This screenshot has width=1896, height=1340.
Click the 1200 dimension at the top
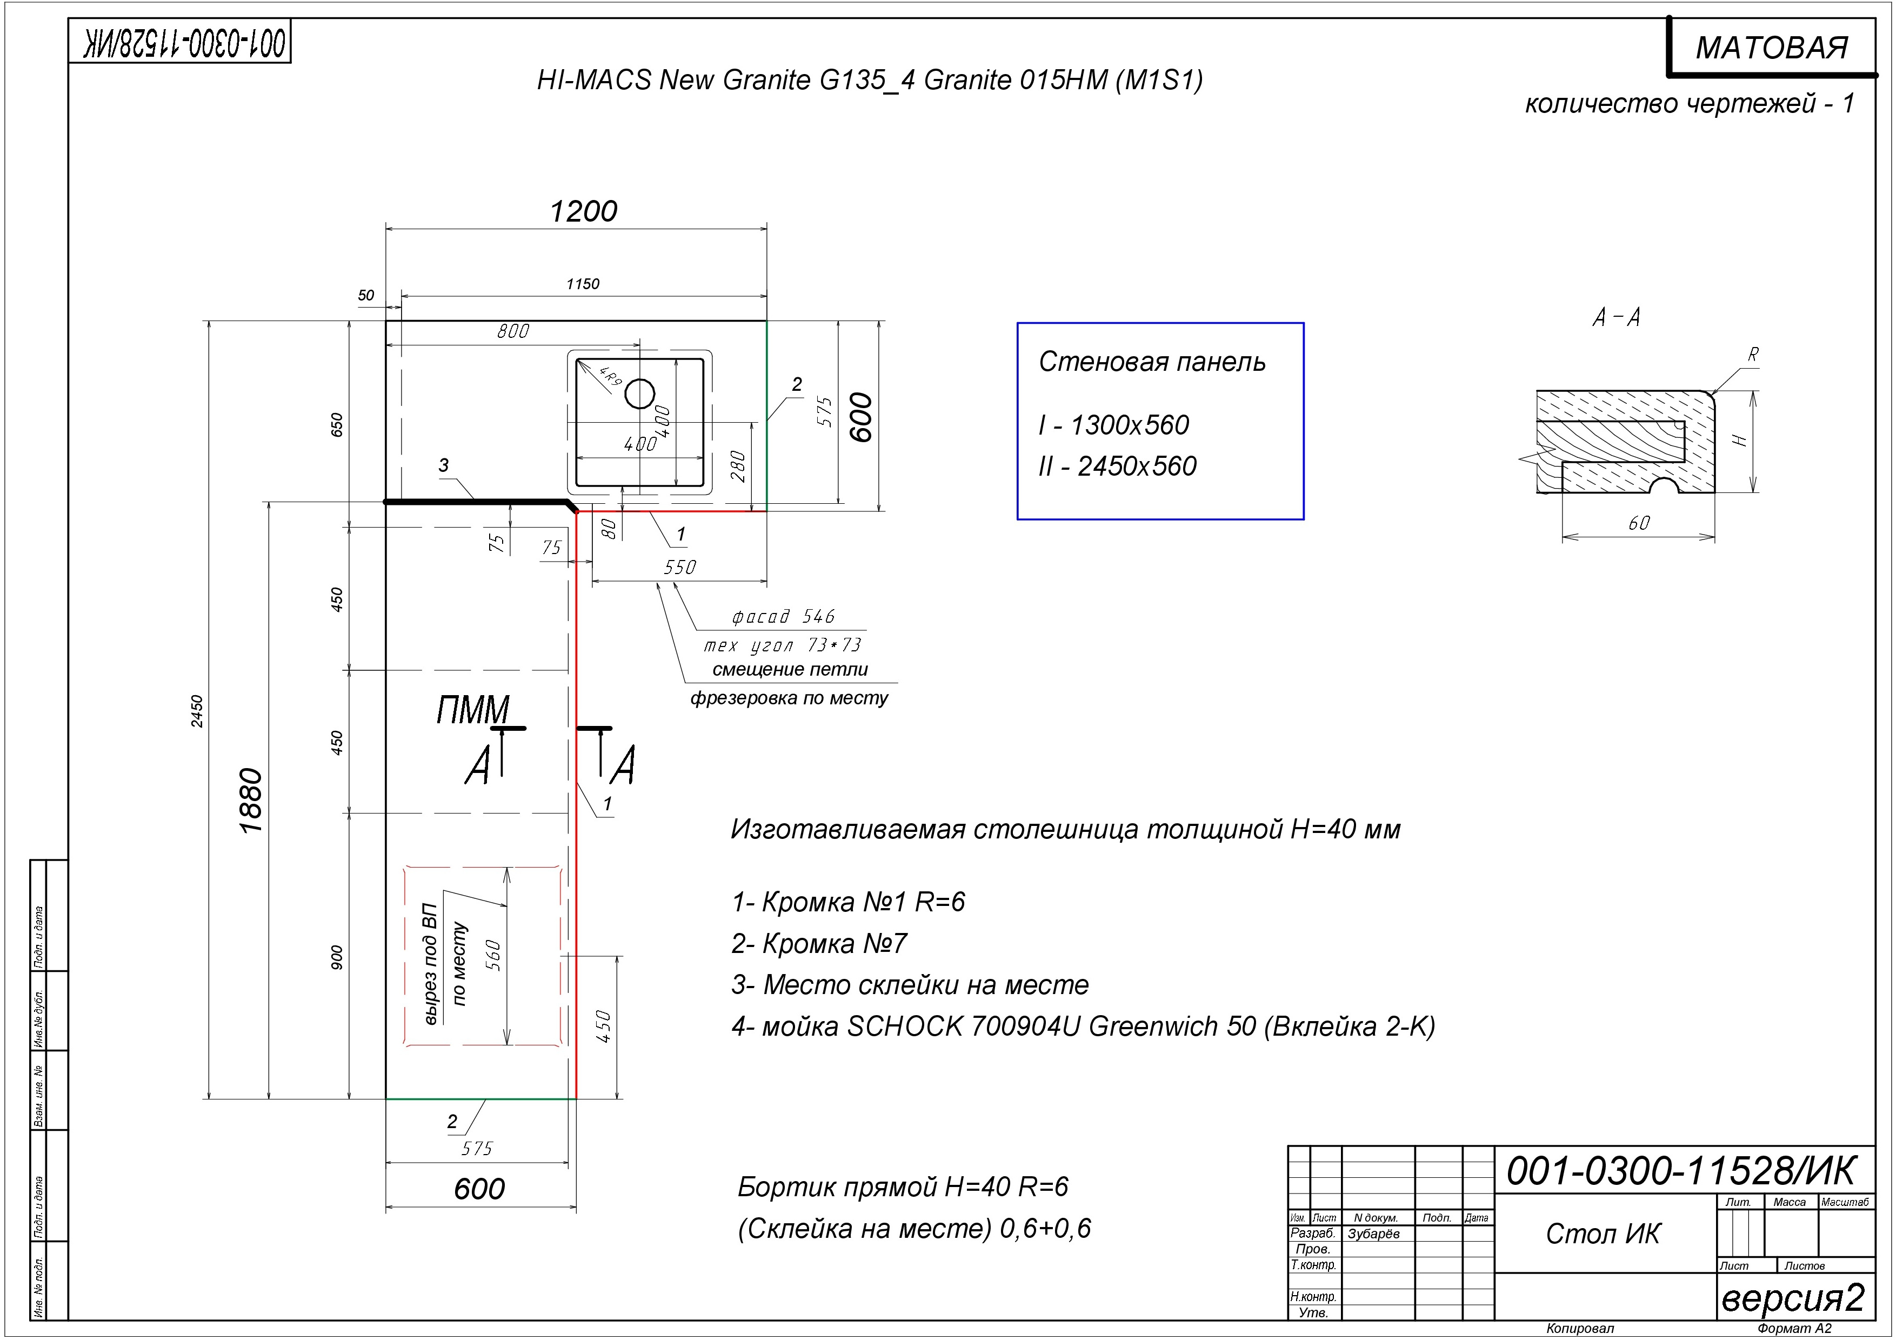tap(584, 211)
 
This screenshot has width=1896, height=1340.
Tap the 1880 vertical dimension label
tap(250, 801)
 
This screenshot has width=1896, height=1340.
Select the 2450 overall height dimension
tap(197, 711)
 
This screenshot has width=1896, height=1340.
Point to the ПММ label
tap(473, 710)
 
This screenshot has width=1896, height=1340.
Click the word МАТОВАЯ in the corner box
tap(1772, 48)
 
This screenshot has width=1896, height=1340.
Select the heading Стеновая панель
tap(1152, 362)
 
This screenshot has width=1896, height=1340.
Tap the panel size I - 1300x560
tap(1114, 425)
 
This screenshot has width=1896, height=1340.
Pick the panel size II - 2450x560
tap(1117, 466)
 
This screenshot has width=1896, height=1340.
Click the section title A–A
tap(1616, 317)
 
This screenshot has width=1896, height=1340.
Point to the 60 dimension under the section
tap(1639, 523)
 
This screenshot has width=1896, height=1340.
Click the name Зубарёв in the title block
tap(1373, 1234)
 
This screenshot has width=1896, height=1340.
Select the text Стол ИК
tap(1603, 1234)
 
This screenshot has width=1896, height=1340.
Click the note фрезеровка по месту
tap(789, 698)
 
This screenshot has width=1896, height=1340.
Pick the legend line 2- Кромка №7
tap(819, 943)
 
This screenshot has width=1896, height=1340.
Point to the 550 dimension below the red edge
tap(679, 567)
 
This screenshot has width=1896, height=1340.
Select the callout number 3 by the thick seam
tap(443, 465)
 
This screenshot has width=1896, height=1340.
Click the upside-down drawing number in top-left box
tap(186, 44)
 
